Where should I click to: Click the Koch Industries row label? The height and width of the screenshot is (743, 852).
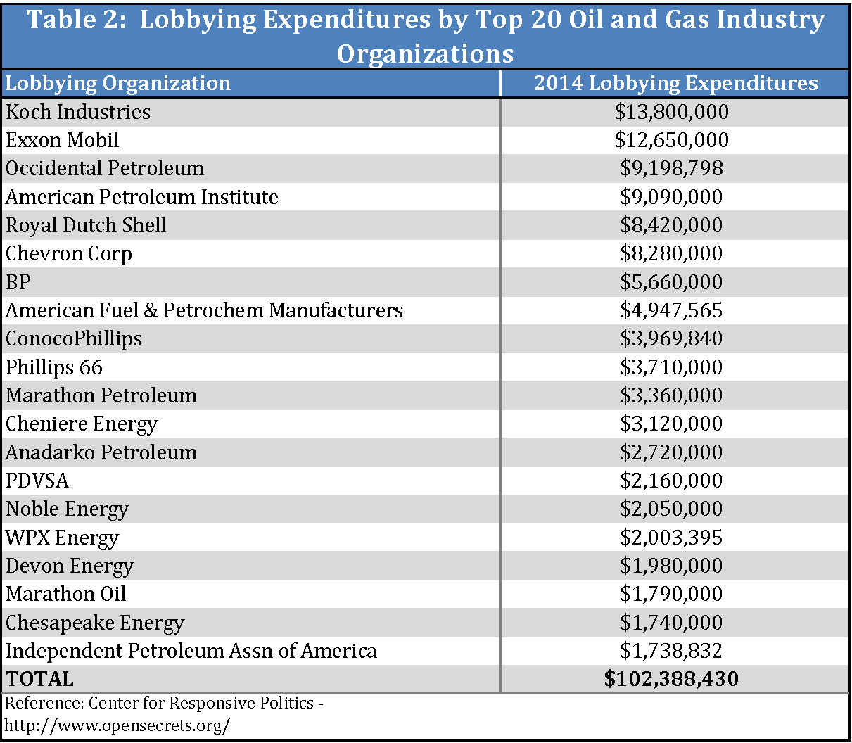[x=78, y=112]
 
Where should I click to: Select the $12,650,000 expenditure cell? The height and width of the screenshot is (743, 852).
[x=671, y=140]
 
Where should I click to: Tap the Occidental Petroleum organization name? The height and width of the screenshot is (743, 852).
[x=105, y=169]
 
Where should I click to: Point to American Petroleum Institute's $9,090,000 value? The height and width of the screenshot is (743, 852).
[x=671, y=197]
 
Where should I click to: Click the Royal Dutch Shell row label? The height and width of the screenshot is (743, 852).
[x=86, y=225]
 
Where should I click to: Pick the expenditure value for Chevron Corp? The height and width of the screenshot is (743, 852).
[x=671, y=253]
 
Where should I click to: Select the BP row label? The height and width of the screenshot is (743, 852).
[x=18, y=282]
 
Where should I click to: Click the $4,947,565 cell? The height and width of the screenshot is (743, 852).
[x=671, y=310]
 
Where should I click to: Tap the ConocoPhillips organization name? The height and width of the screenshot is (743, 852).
[x=74, y=338]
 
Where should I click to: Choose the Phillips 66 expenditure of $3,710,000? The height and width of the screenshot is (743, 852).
[x=671, y=367]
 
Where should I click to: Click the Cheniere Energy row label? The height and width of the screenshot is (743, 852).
[x=82, y=424]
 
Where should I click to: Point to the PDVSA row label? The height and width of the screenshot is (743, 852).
[x=37, y=481]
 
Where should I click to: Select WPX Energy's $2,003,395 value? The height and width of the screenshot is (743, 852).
[x=671, y=538]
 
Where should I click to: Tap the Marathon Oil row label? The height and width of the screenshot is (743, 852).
[x=66, y=594]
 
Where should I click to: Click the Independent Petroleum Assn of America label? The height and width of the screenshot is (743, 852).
[x=191, y=651]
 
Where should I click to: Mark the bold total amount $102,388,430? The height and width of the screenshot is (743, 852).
[x=671, y=679]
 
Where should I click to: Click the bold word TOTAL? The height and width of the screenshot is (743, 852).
[x=39, y=679]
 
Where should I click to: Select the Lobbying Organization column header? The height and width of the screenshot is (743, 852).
[x=118, y=83]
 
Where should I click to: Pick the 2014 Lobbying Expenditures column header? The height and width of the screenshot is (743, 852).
[x=675, y=83]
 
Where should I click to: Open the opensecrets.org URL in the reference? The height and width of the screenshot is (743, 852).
[x=117, y=725]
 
